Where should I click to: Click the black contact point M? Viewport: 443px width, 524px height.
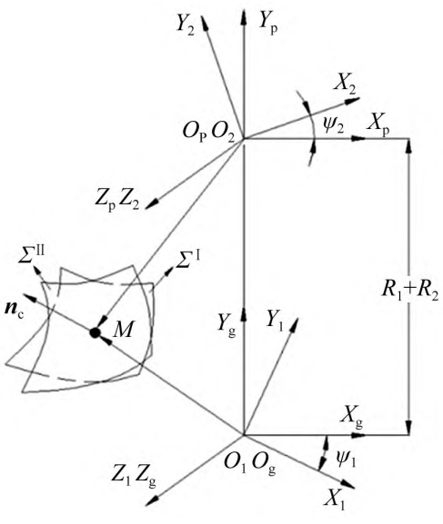(95, 332)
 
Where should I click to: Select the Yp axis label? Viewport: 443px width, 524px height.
(268, 24)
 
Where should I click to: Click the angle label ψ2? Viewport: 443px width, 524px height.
(334, 126)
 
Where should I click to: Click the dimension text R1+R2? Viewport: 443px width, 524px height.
(410, 292)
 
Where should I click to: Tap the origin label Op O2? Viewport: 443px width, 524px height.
(208, 132)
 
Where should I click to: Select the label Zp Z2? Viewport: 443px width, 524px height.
(116, 202)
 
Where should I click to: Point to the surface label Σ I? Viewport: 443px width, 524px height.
(188, 260)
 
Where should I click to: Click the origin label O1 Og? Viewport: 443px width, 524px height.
(250, 464)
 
